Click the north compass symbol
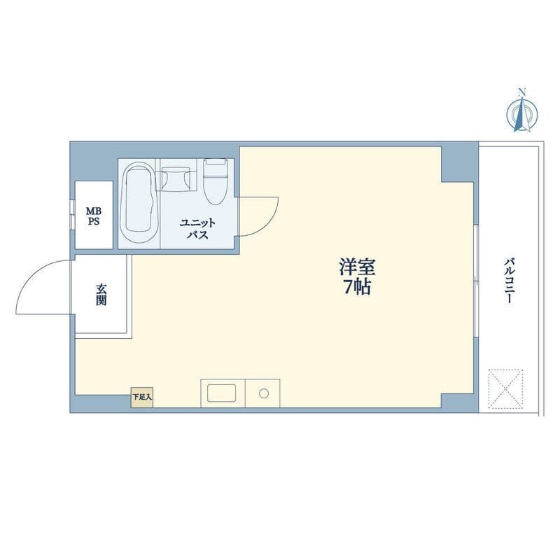pos(521,114)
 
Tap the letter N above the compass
pos(522,92)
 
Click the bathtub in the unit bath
pos(139,202)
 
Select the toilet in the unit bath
pos(216,181)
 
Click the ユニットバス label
pos(197,229)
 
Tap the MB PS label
pos(94,216)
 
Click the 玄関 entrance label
pos(101,295)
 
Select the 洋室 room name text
pos(357,267)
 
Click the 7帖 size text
pos(357,286)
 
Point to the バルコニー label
pos(510,281)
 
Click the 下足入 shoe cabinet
pos(142,397)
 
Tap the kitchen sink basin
pos(222,393)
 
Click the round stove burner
pos(264,393)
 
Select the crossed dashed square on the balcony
pos(505,389)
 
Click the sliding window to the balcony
pos(476,281)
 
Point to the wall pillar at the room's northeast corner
pos(460,162)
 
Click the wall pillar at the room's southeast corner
pos(460,403)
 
